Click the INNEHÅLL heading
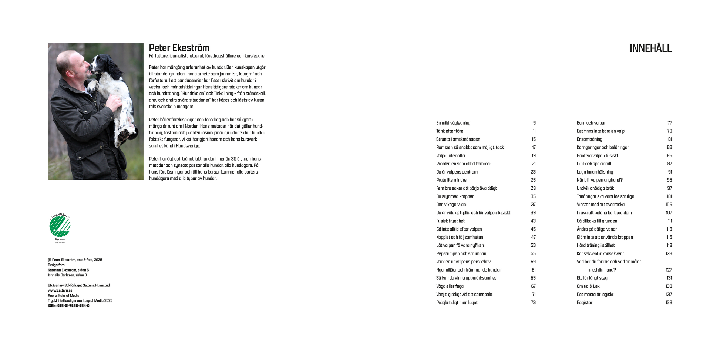pos(650,48)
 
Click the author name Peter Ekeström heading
pos(179,48)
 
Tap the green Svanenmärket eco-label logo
pos(60,226)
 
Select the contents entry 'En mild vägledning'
pos(453,123)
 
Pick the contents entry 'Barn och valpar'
pos(591,123)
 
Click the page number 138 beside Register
pos(669,303)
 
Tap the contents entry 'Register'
pos(584,303)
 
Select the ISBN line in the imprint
pos(68,306)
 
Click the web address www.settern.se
pos(60,290)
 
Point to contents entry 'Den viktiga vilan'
pos(451,205)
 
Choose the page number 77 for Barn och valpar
pos(669,123)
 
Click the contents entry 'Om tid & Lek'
pos(588,286)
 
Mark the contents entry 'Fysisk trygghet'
pos(450,221)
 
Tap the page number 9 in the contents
pos(534,123)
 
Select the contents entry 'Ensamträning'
pos(589,139)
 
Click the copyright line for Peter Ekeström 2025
pos(75,260)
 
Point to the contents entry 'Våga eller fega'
pos(450,286)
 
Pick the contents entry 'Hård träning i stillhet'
pos(596,246)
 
